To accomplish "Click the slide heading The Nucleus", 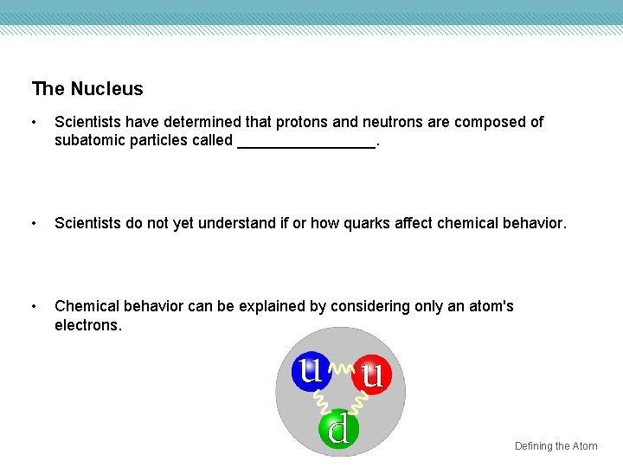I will [x=87, y=89].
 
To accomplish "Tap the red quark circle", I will [x=372, y=374].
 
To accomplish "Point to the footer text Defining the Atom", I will [x=556, y=446].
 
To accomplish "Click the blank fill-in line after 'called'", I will [x=306, y=141].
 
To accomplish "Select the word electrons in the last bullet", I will [x=87, y=325].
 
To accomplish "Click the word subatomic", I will [x=91, y=140].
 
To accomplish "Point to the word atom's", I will [x=491, y=306].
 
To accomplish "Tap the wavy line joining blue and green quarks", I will [x=322, y=400].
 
